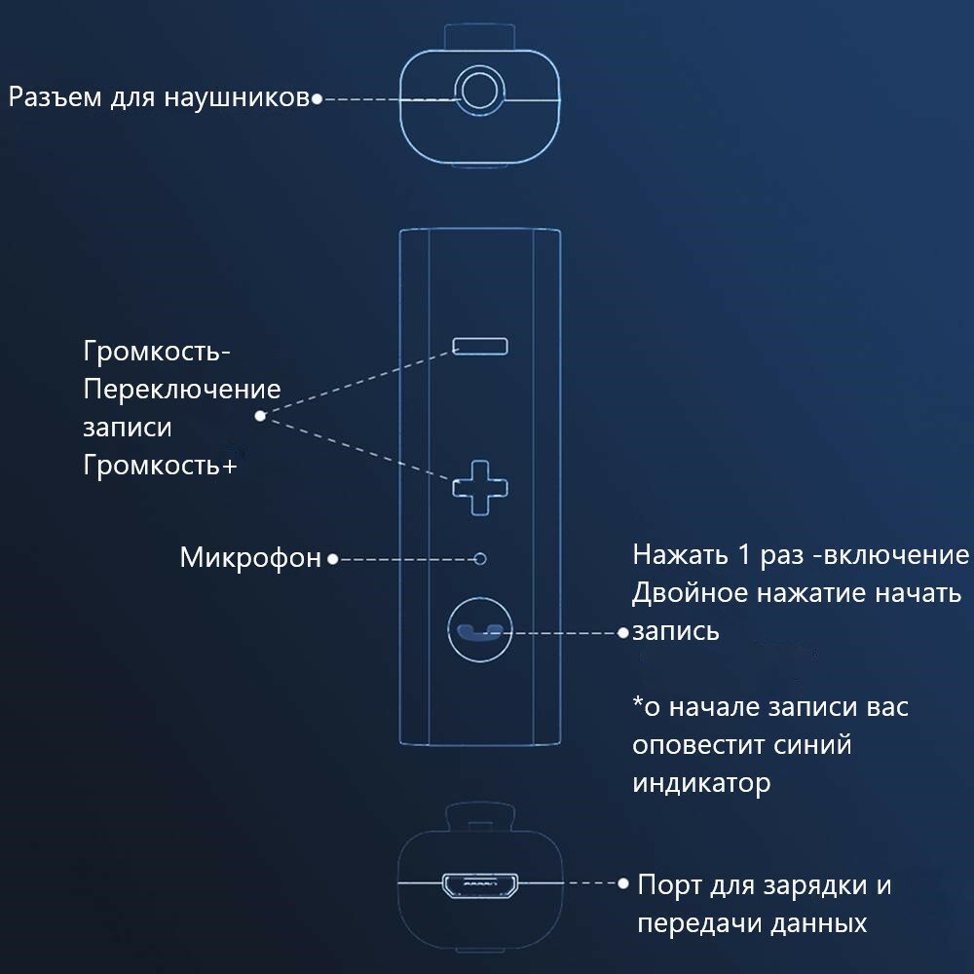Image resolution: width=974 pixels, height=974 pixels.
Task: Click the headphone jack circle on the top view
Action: pos(479,94)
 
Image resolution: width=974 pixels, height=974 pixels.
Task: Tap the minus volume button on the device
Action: pos(479,346)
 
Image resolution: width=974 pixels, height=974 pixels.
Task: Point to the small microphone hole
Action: pos(479,558)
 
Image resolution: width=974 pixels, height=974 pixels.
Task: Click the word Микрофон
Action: pos(250,558)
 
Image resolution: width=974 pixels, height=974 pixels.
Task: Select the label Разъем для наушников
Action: pos(159,97)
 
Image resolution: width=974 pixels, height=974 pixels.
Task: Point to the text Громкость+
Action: pos(160,465)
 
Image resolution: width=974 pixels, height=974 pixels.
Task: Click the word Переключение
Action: pos(182,390)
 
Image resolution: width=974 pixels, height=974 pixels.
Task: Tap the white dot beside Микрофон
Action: pos(332,559)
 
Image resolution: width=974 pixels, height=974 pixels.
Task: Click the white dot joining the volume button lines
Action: pos(260,416)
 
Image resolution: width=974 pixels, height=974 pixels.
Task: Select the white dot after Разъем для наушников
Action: pos(317,98)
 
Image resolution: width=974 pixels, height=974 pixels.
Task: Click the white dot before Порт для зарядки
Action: pos(624,884)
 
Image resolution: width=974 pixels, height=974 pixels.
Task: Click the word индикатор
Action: pos(701,783)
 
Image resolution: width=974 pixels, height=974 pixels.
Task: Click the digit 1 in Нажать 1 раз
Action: pos(743,555)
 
